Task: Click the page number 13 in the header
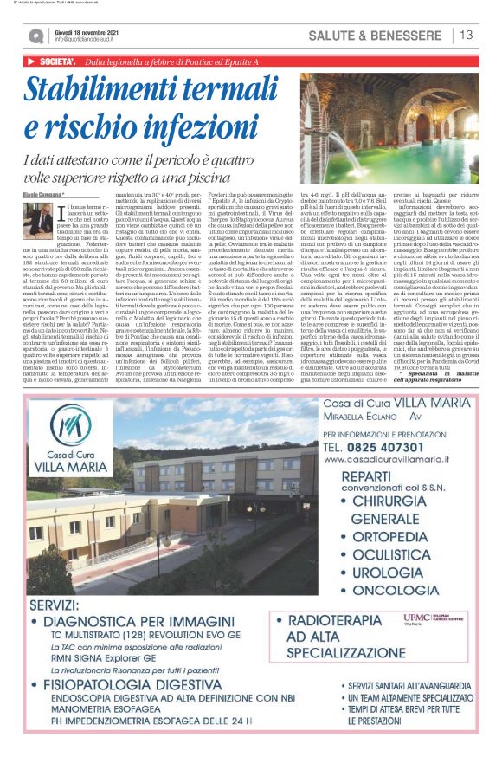[x=467, y=35]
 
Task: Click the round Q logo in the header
[x=35, y=36]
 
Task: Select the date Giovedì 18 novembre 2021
[x=87, y=31]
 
